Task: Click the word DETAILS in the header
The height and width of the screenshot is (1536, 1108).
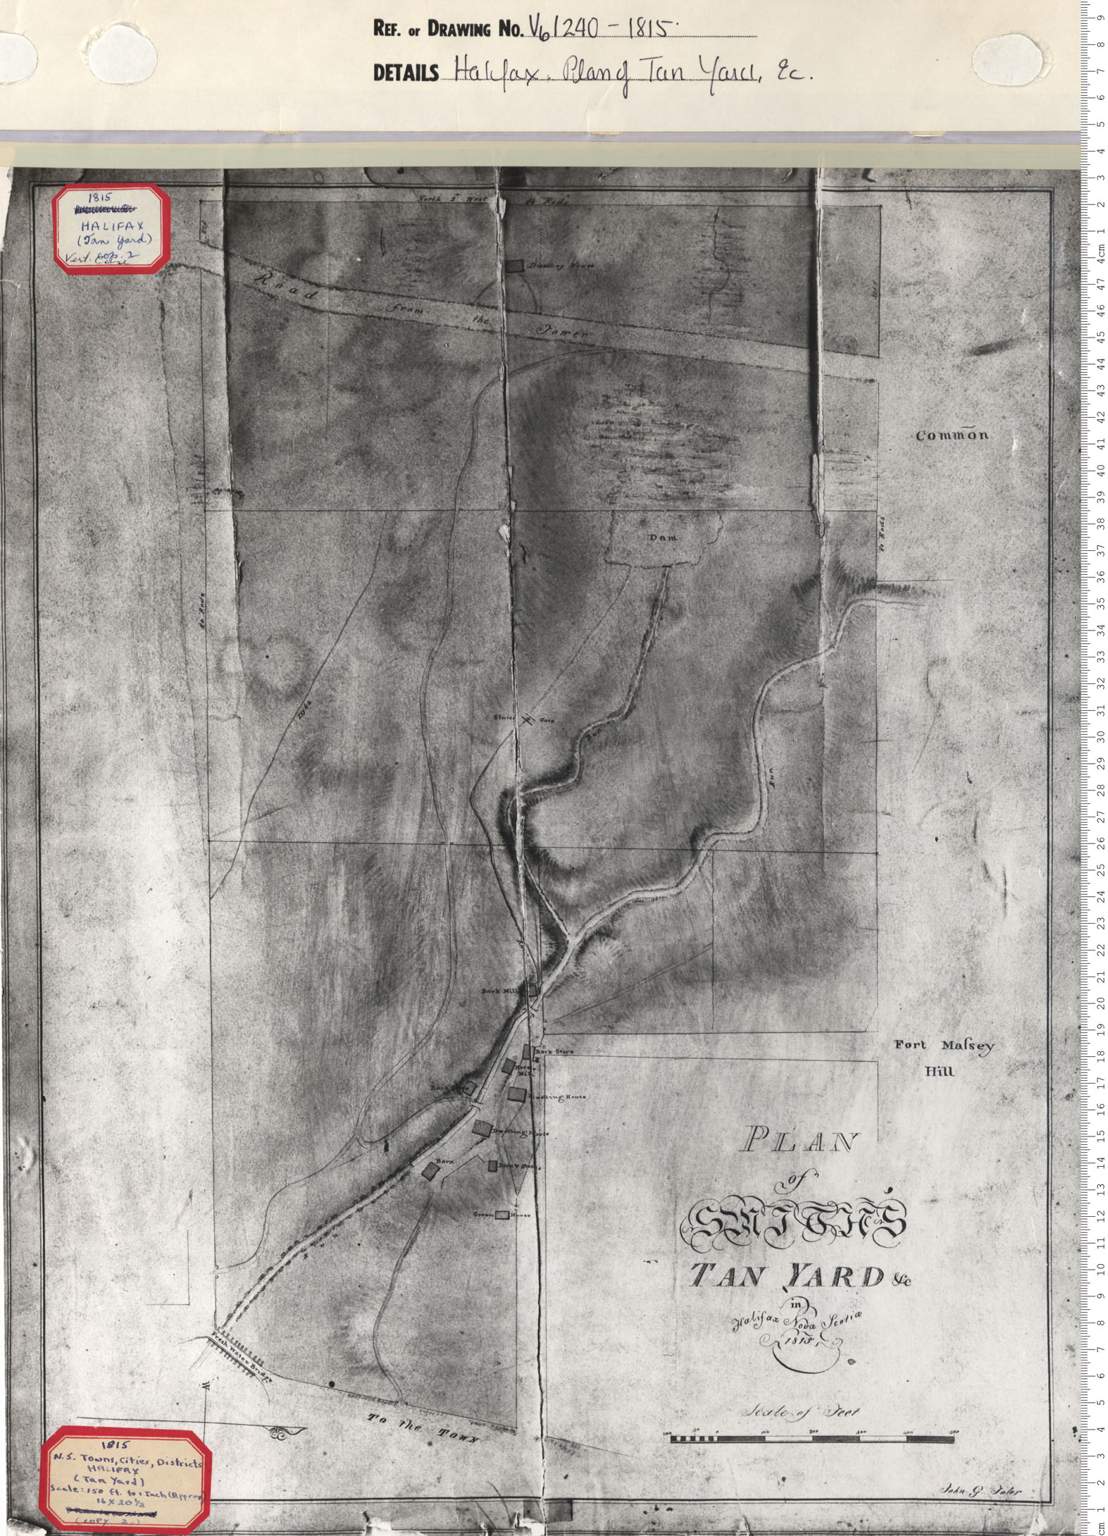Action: click(406, 73)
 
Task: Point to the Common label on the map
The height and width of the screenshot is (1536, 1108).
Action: click(952, 435)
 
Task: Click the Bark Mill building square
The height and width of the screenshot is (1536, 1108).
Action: click(533, 990)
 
